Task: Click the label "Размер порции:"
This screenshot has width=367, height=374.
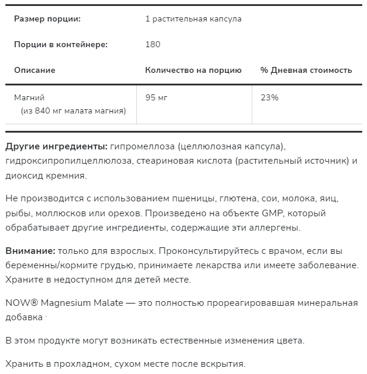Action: click(x=47, y=19)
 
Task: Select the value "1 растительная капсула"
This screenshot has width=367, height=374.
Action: click(x=193, y=19)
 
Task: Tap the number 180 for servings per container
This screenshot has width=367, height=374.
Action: click(x=153, y=45)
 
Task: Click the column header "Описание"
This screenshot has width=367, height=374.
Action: click(x=35, y=70)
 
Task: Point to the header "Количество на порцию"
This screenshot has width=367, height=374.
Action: click(x=193, y=70)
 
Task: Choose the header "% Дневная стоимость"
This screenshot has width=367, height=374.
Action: click(x=306, y=70)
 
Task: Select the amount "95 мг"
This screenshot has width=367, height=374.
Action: click(x=156, y=97)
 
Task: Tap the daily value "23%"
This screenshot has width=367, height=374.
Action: click(x=270, y=97)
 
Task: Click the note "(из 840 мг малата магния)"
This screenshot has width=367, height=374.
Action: click(x=73, y=111)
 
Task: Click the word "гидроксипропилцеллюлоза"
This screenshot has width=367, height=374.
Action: click(x=68, y=161)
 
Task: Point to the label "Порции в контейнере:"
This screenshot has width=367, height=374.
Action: click(x=61, y=45)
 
